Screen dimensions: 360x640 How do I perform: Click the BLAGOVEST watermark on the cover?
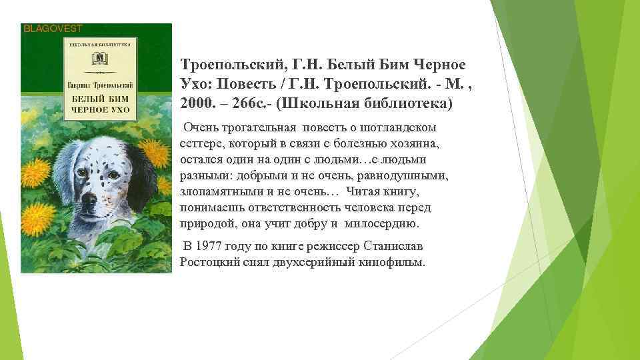(53, 28)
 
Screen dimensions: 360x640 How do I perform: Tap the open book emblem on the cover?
(99, 59)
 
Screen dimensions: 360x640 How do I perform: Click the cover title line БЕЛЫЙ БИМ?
(99, 98)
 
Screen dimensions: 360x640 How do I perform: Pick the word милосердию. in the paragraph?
(384, 223)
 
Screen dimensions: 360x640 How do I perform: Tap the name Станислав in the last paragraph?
(397, 246)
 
